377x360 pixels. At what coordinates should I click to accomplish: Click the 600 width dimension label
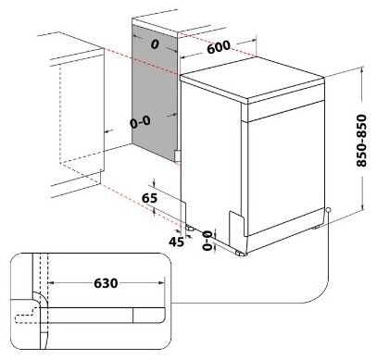219,47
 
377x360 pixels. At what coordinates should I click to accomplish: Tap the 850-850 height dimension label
361,141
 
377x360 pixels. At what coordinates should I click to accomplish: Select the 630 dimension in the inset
106,283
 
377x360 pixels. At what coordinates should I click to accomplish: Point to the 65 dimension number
149,198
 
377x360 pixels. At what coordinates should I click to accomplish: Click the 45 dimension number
176,242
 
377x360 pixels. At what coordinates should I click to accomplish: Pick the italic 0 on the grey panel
155,44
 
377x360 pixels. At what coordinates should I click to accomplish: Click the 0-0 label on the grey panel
140,122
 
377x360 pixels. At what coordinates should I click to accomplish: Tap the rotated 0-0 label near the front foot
207,241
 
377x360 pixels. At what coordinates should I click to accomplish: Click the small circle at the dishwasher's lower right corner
328,210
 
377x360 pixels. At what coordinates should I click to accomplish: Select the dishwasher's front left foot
241,254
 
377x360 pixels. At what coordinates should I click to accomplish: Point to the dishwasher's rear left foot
190,229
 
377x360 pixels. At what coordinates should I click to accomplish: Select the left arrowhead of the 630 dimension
52,282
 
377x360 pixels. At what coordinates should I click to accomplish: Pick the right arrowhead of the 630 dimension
161,282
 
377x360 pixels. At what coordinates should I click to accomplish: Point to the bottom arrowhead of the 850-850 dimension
363,207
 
